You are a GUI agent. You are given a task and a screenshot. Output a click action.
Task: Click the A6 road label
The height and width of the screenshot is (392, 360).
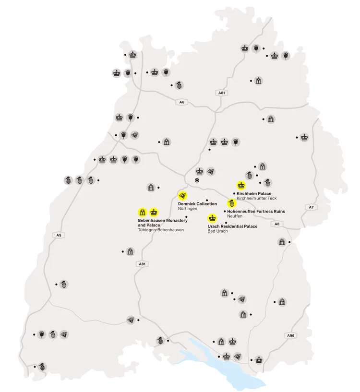(181, 102)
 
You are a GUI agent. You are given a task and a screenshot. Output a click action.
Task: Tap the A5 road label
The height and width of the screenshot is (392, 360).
(59, 235)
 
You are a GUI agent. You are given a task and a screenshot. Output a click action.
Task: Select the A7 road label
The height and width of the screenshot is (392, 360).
(311, 207)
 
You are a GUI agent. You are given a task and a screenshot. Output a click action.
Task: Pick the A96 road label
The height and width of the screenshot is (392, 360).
(290, 335)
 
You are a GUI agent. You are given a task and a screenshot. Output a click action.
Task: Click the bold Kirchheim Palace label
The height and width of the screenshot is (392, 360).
(254, 193)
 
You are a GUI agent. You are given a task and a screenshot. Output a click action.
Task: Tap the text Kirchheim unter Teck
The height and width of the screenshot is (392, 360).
(257, 199)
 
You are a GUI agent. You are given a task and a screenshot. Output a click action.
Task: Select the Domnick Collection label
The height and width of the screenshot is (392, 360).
(197, 204)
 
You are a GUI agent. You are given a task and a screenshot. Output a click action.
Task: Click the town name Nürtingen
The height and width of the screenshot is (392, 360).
(188, 209)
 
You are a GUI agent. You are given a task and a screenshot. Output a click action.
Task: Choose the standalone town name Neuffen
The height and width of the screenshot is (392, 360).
(235, 216)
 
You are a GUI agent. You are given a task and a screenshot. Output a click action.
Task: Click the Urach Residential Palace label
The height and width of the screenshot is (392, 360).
(232, 226)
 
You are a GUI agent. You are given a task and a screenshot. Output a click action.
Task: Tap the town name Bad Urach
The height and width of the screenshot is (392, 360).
(217, 231)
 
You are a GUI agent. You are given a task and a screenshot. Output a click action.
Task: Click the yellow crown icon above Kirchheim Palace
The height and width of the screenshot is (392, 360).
(241, 185)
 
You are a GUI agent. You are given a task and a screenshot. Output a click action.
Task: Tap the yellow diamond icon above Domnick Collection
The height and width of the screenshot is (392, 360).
(182, 195)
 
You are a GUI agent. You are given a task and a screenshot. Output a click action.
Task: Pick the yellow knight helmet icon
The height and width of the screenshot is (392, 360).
(231, 203)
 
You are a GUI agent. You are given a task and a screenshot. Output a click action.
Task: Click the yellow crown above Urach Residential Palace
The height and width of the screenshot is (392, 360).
(212, 218)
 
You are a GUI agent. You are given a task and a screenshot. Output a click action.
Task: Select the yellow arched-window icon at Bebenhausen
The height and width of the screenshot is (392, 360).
(143, 212)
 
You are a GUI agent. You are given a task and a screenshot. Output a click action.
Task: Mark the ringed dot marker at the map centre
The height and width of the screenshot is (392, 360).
(197, 180)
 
